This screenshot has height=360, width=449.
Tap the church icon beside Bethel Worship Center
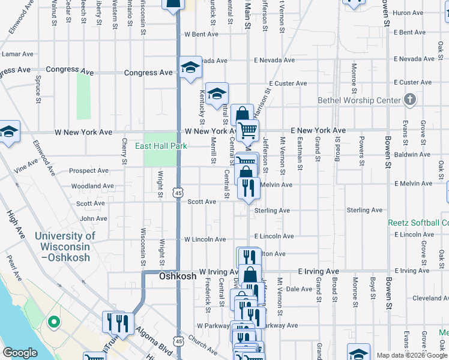coord(410,100)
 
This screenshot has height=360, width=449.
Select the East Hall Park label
coord(160,146)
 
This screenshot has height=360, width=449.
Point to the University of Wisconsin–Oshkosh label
coord(65,247)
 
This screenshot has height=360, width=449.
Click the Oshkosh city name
coord(178,277)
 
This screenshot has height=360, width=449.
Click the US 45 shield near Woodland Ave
coord(178,193)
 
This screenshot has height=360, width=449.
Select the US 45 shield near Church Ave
coord(178,341)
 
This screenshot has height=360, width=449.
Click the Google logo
coord(20,353)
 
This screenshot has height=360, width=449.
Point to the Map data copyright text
coord(411,355)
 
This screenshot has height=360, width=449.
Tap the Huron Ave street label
coord(408,13)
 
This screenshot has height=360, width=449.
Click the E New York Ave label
coord(318,130)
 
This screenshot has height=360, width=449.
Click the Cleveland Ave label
coord(430,298)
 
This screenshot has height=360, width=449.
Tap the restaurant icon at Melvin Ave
coord(248,188)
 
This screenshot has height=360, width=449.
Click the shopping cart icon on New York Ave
coord(247,130)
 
